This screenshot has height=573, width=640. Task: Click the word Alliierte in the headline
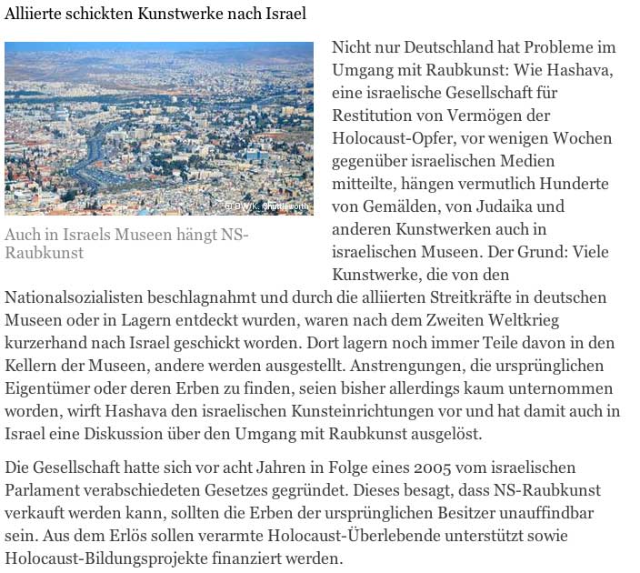coord(33,15)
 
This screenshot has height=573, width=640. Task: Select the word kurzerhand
coord(42,343)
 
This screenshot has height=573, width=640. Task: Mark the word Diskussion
coord(125,434)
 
